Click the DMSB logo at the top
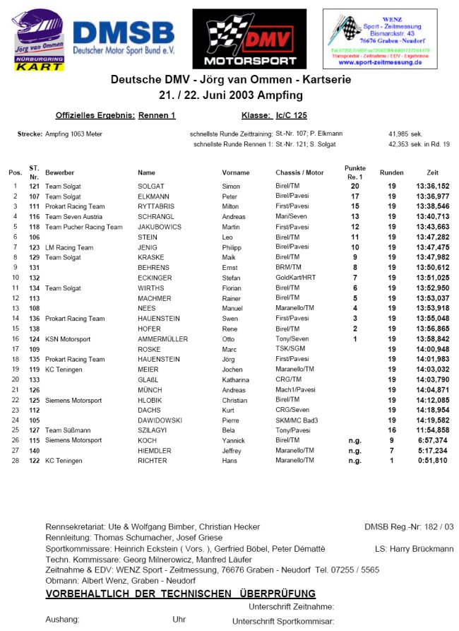click(124, 40)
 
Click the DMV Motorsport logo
click(249, 40)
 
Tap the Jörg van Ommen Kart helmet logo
click(39, 41)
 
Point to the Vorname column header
click(235, 172)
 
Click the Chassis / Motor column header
click(299, 172)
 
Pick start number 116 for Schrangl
click(34, 217)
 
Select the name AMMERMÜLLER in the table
click(162, 339)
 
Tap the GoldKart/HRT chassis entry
click(297, 278)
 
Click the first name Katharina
click(236, 379)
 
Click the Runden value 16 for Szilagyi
click(391, 430)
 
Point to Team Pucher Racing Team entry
click(83, 227)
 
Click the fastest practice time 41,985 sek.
click(405, 133)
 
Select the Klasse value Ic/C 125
click(291, 115)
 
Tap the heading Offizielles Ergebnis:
click(95, 115)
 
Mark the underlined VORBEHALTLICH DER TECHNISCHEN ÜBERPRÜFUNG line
click(180, 594)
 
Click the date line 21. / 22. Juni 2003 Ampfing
click(230, 95)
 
